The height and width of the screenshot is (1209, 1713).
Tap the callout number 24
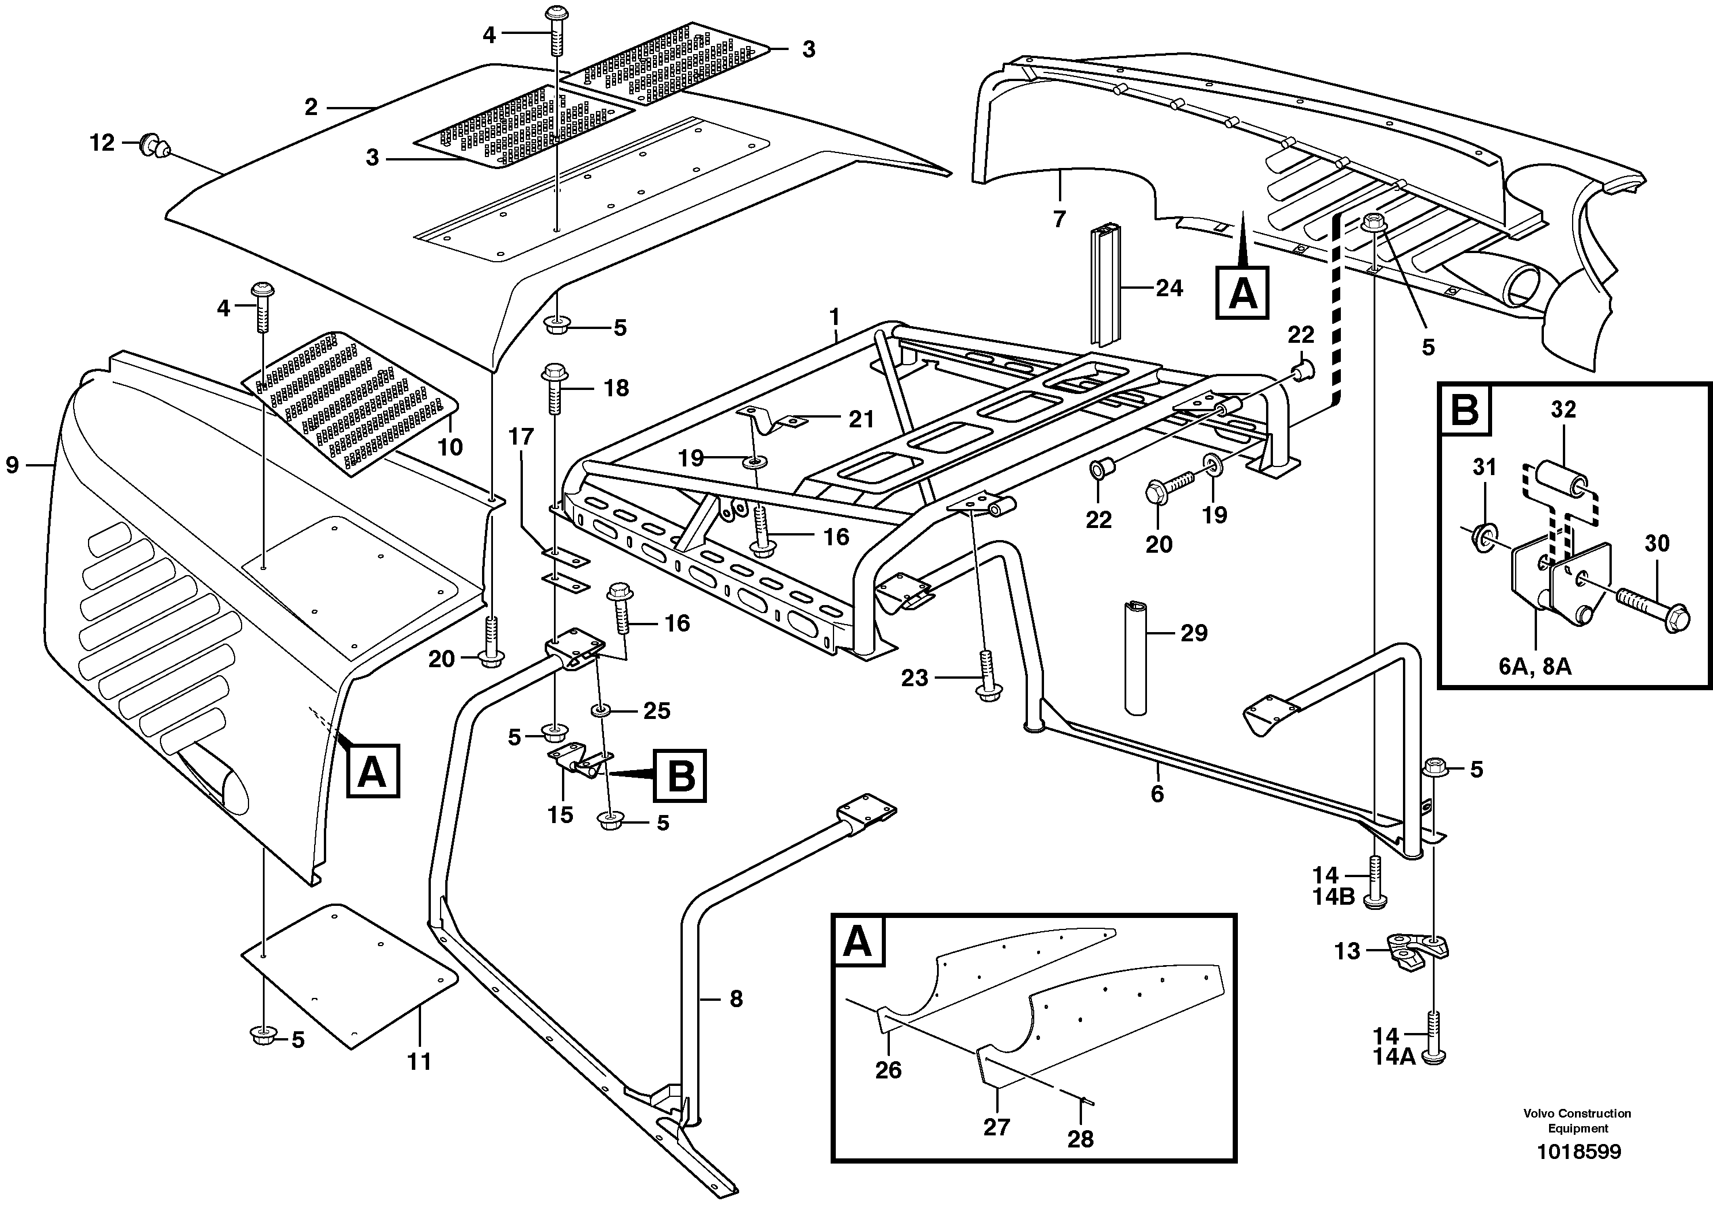[x=1169, y=288]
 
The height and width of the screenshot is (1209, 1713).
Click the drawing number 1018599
[x=1578, y=1151]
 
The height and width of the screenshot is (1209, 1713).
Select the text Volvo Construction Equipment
[x=1577, y=1121]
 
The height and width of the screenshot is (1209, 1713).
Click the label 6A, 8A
[x=1535, y=667]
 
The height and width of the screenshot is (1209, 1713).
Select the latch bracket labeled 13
[x=1417, y=952]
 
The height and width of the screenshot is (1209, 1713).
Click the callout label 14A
[x=1394, y=1057]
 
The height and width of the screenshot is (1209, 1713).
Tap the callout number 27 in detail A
[x=996, y=1127]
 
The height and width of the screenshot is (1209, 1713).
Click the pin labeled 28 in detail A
[x=1088, y=1099]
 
